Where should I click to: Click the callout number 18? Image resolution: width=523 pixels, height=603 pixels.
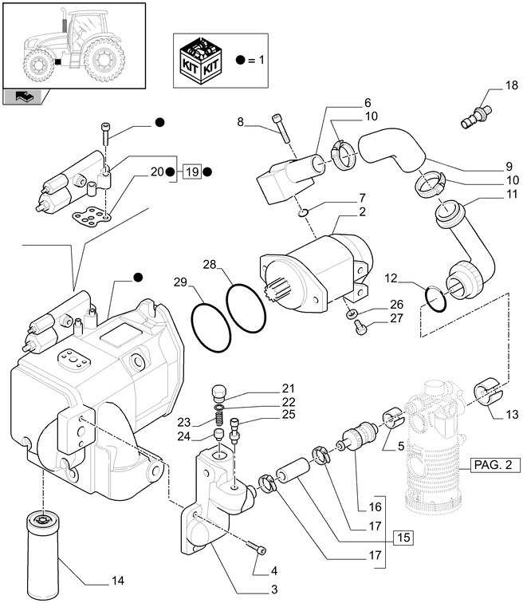[488, 85]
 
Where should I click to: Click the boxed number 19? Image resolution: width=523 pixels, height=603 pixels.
[191, 172]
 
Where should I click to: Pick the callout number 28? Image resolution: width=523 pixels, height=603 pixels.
[209, 264]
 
